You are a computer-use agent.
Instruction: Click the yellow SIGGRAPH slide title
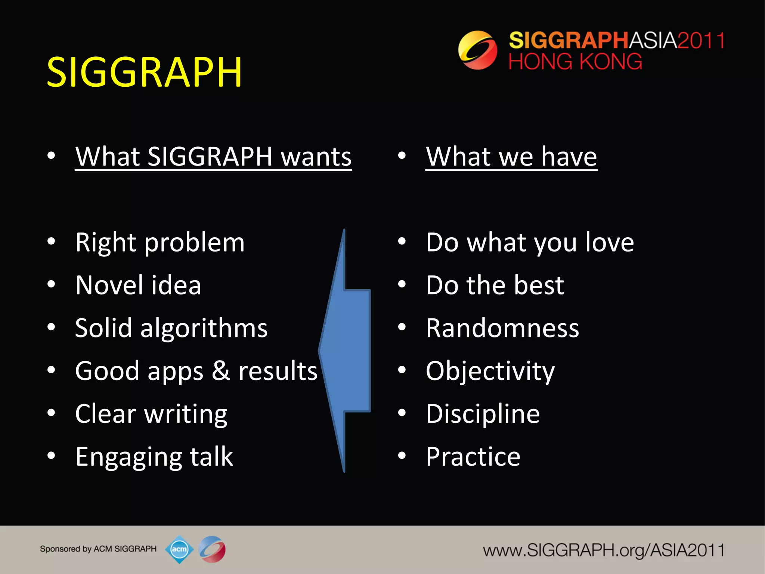click(144, 72)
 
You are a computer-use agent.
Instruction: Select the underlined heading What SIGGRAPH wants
click(213, 156)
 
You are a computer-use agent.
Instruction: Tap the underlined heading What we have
click(511, 156)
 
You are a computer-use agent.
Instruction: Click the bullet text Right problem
click(159, 243)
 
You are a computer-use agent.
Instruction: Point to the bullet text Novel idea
click(138, 285)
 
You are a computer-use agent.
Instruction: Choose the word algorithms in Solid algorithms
click(204, 328)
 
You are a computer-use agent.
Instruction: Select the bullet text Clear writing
click(151, 414)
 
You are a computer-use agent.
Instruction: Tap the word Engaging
click(128, 457)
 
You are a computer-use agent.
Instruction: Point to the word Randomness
click(502, 328)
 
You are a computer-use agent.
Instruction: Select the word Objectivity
click(490, 371)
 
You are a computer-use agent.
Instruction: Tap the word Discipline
click(483, 414)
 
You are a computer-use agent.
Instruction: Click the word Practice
click(473, 457)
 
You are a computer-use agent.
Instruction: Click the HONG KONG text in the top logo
click(575, 62)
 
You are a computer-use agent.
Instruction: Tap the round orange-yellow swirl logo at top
click(477, 50)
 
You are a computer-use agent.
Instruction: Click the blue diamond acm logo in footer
click(179, 549)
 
